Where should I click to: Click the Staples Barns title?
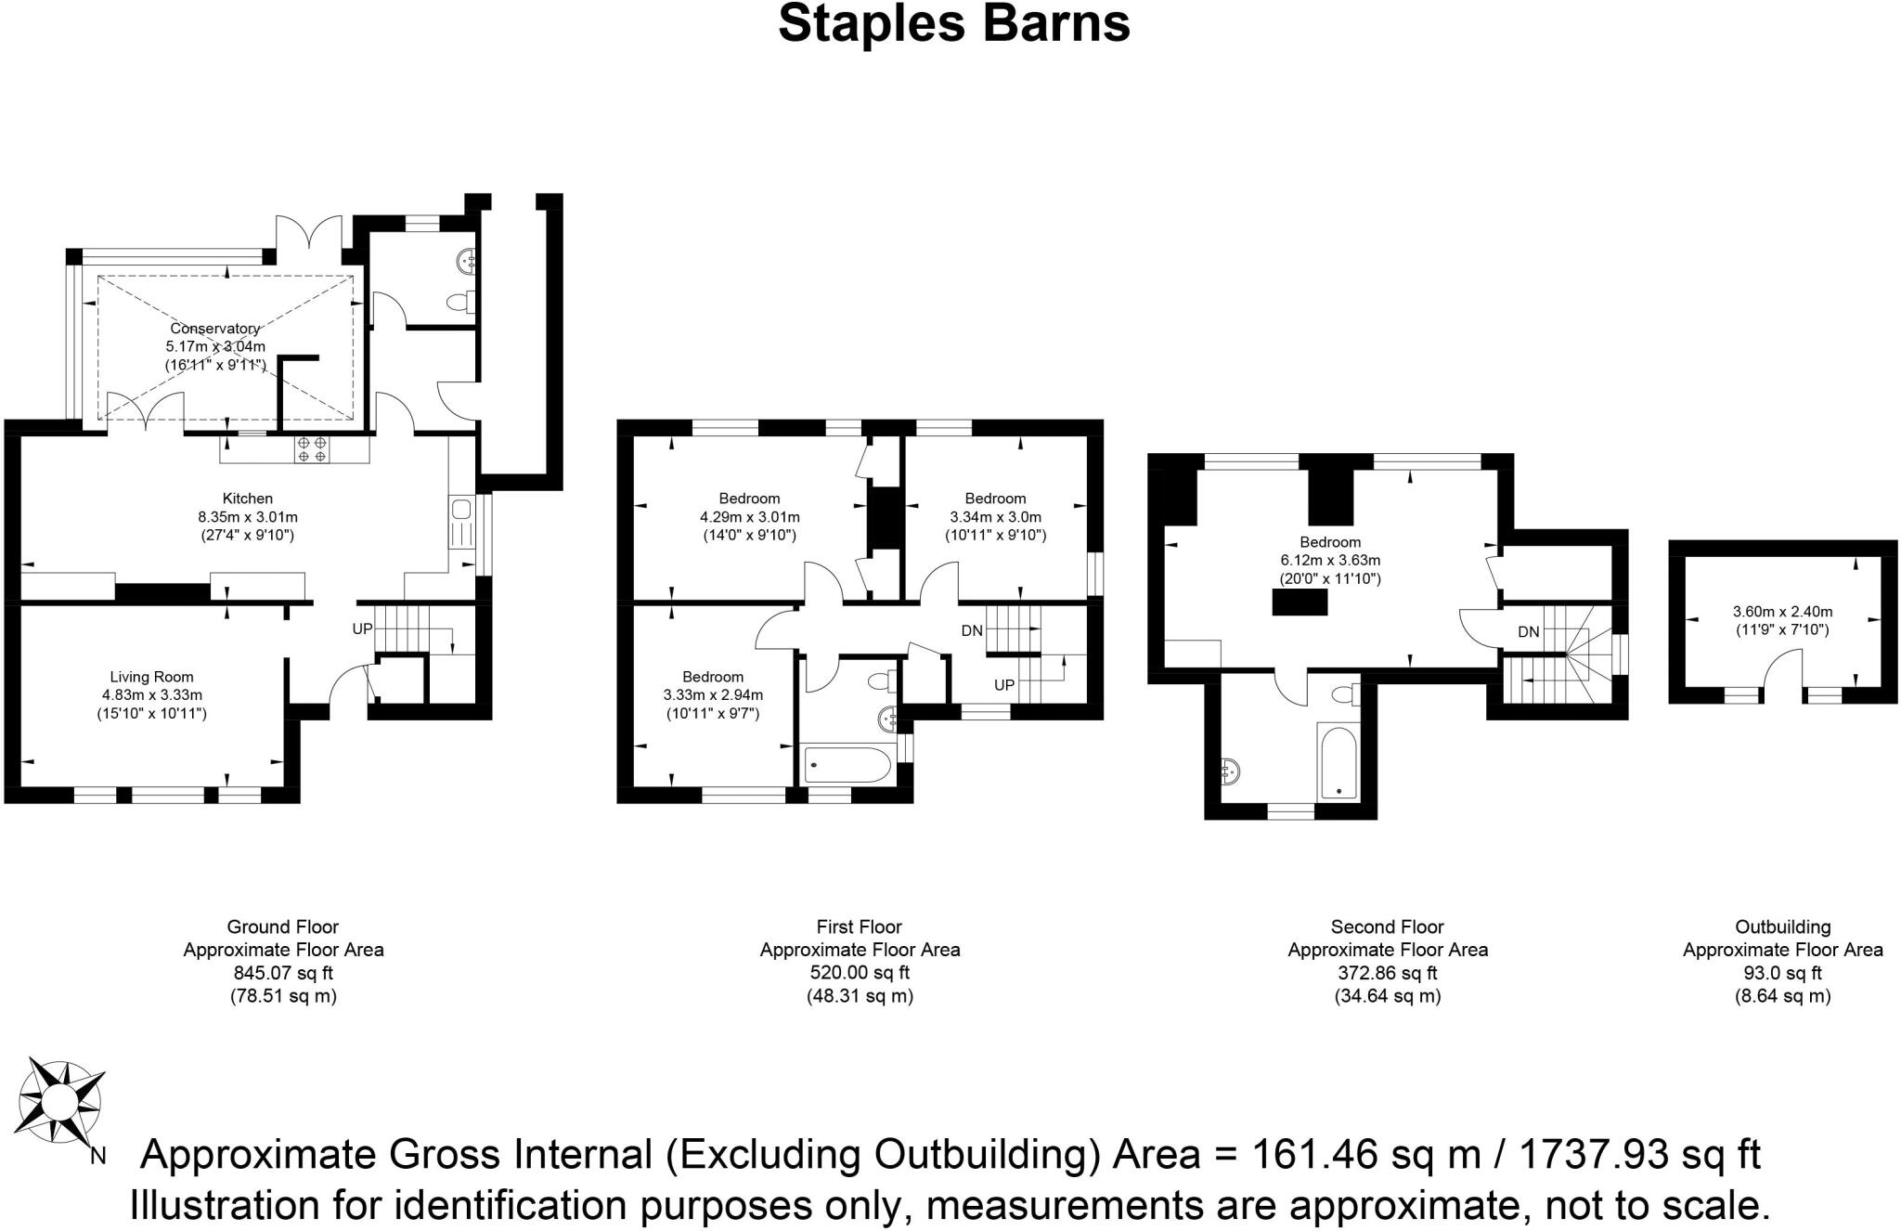(x=954, y=23)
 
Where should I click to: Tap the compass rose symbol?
(x=61, y=1102)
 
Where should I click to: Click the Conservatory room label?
(x=215, y=329)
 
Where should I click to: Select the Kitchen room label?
(x=248, y=499)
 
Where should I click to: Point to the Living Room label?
(x=152, y=677)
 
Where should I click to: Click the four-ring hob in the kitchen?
(x=313, y=449)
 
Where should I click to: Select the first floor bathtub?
(x=846, y=765)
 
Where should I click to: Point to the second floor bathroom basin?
(x=1231, y=771)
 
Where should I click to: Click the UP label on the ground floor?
(x=362, y=628)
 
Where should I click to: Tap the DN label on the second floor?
(x=1529, y=632)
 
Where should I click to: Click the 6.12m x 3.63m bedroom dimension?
(x=1330, y=561)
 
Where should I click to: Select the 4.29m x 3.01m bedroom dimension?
(x=749, y=517)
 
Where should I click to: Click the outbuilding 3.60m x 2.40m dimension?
(x=1782, y=612)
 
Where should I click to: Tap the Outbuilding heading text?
(x=1783, y=926)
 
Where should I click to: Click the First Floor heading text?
(x=860, y=926)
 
